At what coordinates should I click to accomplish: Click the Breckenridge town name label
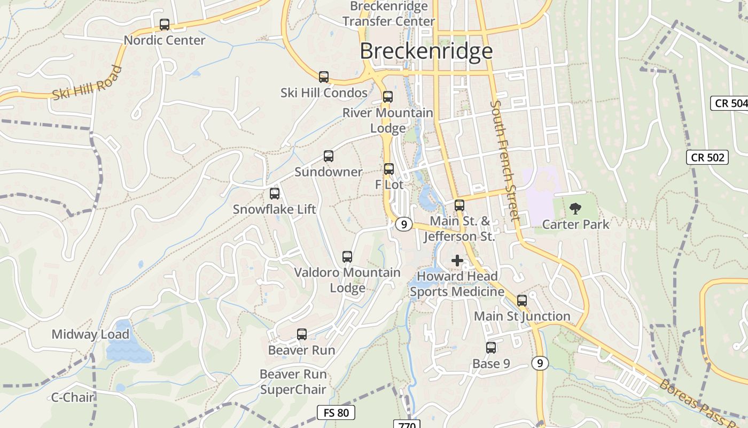pos(426,51)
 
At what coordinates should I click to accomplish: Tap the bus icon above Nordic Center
pos(165,25)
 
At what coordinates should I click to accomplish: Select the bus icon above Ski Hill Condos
pos(324,77)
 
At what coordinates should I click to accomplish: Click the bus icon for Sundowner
pos(329,156)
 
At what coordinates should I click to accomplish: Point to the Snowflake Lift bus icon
pos(275,194)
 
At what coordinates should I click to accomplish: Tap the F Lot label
pos(389,185)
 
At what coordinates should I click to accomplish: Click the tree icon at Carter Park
pos(575,209)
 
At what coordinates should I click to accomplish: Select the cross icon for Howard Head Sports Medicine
pos(457,261)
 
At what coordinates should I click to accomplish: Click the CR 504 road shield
pos(730,103)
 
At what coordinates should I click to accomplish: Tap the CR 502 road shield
pos(707,157)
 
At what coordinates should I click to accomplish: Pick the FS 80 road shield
pos(336,412)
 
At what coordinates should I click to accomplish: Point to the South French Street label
pos(505,160)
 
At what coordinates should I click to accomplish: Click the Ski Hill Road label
pos(87,83)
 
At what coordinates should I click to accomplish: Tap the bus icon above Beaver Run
pos(302,334)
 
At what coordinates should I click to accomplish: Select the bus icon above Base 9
pos(491,348)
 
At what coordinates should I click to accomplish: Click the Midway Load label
pos(90,335)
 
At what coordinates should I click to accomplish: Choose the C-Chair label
pos(73,398)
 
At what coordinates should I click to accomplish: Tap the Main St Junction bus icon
pos(522,301)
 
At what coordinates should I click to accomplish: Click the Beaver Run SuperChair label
pos(293,382)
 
